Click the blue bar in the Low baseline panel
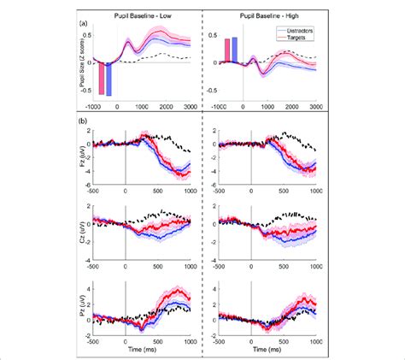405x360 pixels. pyautogui.click(x=109, y=78)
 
